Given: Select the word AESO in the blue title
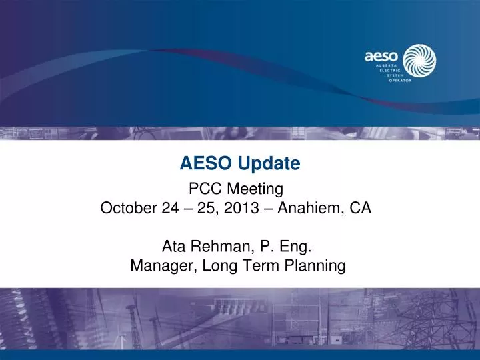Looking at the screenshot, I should coord(202,162).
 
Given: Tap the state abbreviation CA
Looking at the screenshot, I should coord(361,207).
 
